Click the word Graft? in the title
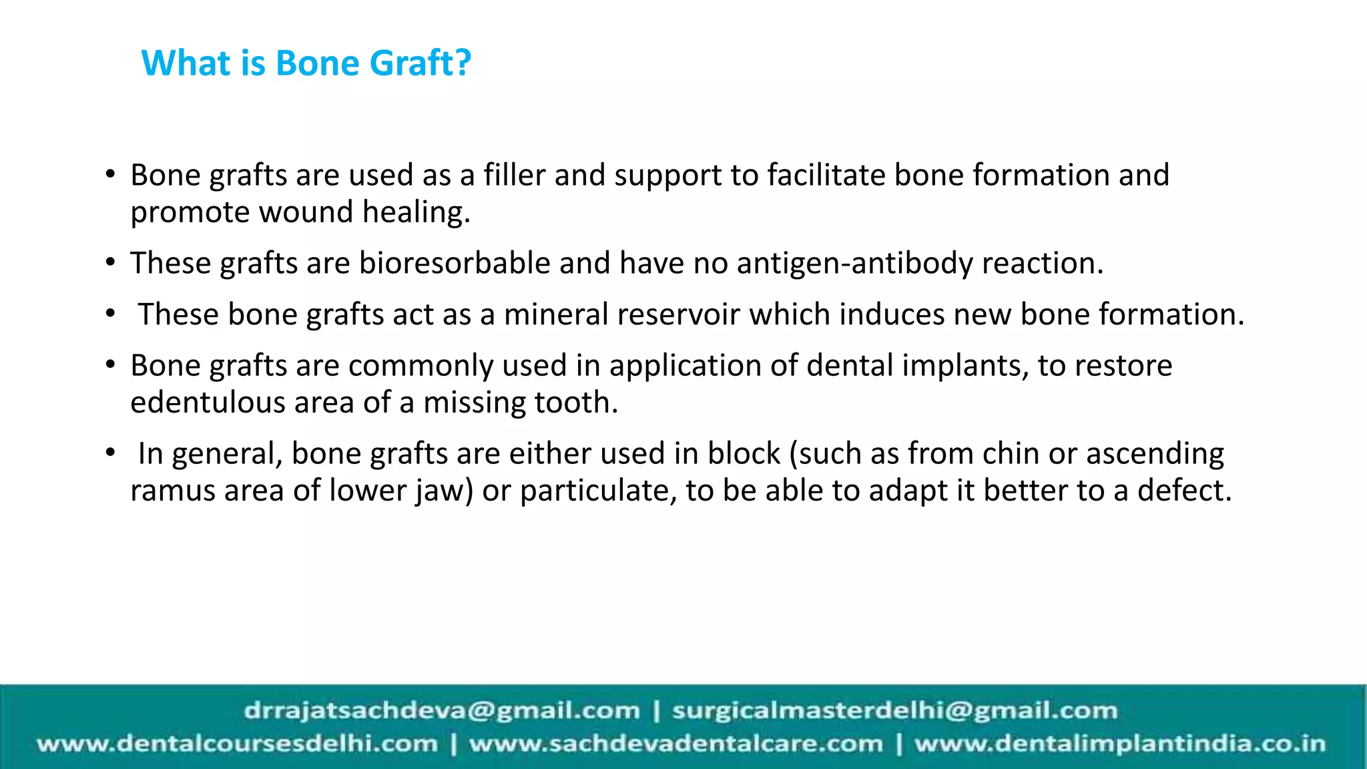point(420,63)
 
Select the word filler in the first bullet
point(514,175)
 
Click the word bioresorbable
point(455,263)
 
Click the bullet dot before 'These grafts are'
point(111,262)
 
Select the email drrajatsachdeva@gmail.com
point(442,710)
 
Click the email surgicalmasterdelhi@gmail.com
point(894,710)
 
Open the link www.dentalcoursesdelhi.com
point(238,744)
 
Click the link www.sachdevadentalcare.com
point(675,744)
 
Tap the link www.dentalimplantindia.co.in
point(1119,744)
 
